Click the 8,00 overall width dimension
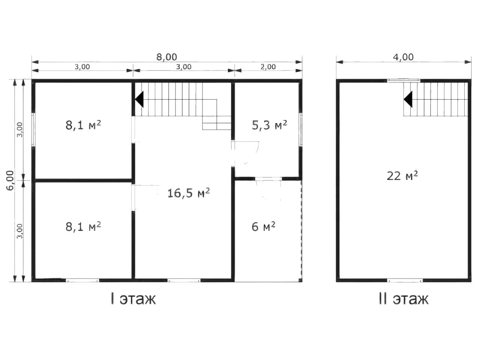(166, 57)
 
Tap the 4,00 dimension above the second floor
(403, 57)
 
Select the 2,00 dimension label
(268, 67)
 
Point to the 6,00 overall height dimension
(10, 180)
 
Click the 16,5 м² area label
(189, 193)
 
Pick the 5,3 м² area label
(269, 125)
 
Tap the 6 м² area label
(263, 226)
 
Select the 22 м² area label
(402, 176)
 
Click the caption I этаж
(133, 299)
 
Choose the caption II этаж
(403, 299)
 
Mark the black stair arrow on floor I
(139, 99)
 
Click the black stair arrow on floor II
(408, 99)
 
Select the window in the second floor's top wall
(403, 80)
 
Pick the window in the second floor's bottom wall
(405, 280)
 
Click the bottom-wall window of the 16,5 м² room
(184, 280)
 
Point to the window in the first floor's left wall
(33, 130)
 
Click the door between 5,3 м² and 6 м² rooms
(268, 179)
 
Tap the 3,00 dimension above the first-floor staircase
(184, 67)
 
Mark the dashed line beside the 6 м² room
(301, 231)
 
